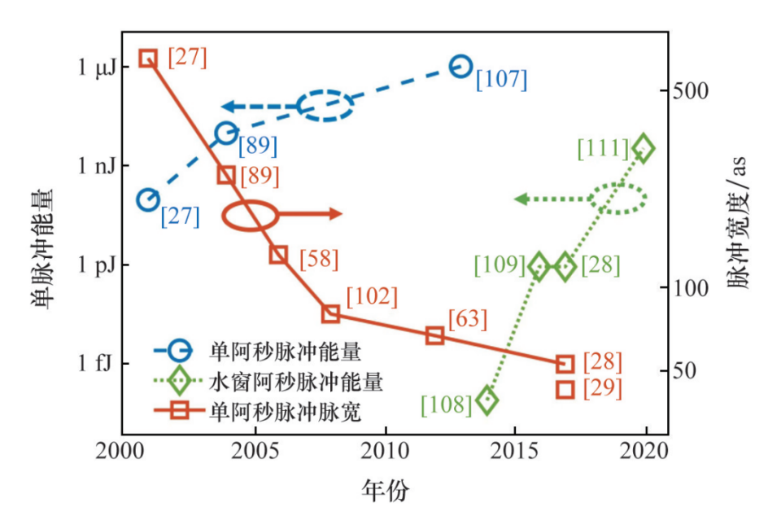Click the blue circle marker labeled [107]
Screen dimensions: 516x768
(x=460, y=67)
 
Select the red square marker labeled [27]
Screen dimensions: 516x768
(x=147, y=58)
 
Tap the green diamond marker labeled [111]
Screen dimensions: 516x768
(x=644, y=148)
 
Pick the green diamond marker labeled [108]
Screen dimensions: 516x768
(x=487, y=400)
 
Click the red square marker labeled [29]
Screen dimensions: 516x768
(x=565, y=389)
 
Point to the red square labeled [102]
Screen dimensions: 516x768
(x=330, y=314)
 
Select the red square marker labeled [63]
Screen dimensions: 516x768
(x=434, y=335)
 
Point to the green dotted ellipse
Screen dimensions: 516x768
(x=617, y=198)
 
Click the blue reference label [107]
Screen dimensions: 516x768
(x=502, y=80)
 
